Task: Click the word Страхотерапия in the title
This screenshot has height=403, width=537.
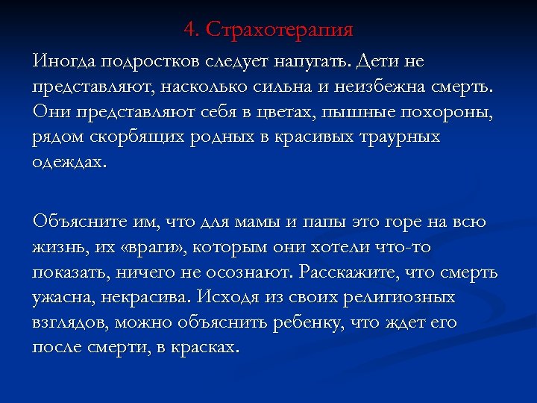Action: pyautogui.click(x=279, y=30)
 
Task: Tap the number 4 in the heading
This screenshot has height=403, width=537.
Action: pyautogui.click(x=189, y=30)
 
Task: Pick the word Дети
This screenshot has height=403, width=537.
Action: pyautogui.click(x=381, y=59)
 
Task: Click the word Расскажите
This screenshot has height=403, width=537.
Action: pyautogui.click(x=351, y=273)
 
